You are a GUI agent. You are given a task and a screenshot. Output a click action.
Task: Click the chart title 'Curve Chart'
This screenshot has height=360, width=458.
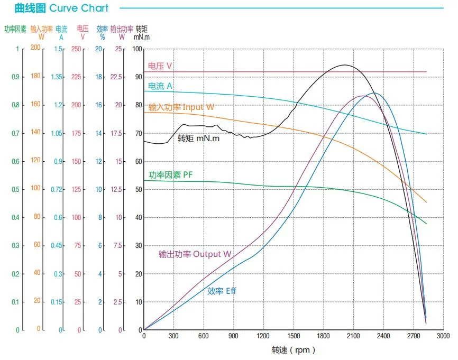(x=79, y=8)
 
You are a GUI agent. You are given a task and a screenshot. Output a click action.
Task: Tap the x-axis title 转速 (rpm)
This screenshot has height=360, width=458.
(x=294, y=350)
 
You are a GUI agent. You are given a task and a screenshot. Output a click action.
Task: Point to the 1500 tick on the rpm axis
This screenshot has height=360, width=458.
(x=294, y=336)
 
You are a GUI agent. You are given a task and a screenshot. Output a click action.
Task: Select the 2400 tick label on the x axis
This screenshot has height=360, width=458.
(x=383, y=336)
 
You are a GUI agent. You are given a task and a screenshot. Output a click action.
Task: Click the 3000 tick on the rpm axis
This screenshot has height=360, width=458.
(x=443, y=336)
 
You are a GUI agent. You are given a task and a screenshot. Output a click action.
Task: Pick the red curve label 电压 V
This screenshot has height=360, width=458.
(x=160, y=66)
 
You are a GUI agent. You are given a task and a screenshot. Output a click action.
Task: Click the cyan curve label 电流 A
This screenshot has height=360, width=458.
(x=160, y=86)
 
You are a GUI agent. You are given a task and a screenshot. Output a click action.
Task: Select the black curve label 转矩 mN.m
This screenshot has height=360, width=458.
(x=198, y=139)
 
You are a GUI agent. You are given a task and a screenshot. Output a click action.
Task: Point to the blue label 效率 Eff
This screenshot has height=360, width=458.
(x=222, y=291)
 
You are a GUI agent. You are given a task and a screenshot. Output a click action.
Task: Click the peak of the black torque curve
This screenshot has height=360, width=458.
(x=345, y=65)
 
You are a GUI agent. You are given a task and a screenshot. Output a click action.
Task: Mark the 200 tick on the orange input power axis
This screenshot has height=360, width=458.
(x=35, y=48)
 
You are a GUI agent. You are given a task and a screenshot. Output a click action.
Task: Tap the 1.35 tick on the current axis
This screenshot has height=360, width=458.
(x=57, y=77)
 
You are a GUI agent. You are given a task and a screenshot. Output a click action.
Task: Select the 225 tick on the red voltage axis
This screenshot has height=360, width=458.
(x=77, y=77)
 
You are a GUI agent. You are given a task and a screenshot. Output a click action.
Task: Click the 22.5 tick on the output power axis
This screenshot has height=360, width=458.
(x=116, y=77)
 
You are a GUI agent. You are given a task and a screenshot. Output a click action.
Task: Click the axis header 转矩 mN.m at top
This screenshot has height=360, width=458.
(x=141, y=33)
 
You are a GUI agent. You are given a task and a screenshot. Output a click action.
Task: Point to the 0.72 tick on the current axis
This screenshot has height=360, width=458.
(x=57, y=189)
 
